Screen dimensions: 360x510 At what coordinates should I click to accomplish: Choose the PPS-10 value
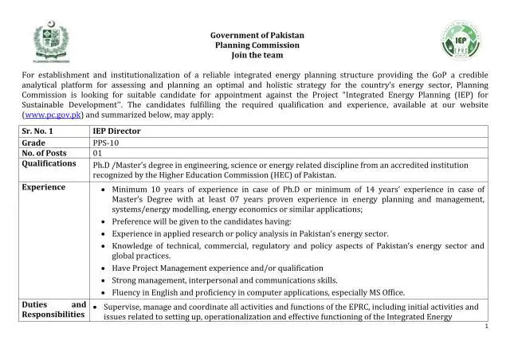[x=106, y=143]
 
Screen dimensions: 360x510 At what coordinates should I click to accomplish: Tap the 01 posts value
[x=98, y=153]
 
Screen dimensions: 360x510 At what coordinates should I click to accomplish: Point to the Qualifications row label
[x=49, y=164]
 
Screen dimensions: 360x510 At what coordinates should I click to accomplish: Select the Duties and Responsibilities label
[x=53, y=310]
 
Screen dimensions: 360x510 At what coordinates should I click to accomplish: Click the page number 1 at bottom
[x=485, y=327]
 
